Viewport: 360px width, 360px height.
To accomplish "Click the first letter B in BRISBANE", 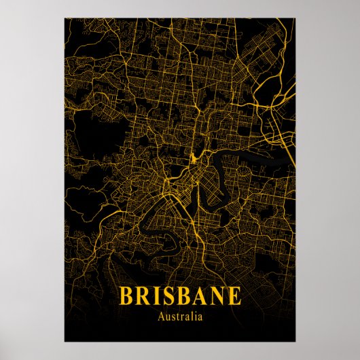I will [126, 296].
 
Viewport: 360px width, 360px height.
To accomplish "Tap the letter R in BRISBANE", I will [143, 296].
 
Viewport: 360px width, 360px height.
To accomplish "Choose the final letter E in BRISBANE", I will [234, 296].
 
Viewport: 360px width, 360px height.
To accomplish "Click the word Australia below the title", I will [180, 316].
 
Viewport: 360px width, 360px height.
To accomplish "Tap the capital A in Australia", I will [160, 316].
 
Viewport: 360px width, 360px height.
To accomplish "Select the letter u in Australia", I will [166, 317].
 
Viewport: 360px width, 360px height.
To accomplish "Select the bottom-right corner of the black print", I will [295, 342].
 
